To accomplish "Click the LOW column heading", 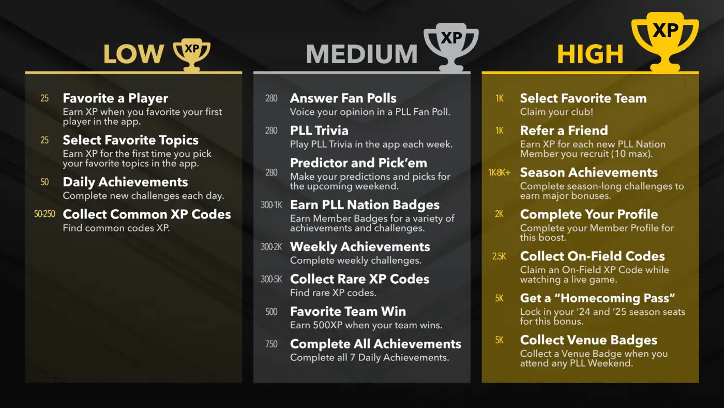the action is tap(133, 54).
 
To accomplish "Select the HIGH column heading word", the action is tap(590, 54).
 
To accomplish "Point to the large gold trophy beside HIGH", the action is tap(665, 41).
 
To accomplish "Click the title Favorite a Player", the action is tap(115, 98).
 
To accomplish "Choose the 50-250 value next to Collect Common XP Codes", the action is tap(44, 214).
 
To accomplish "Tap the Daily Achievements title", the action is tap(125, 182).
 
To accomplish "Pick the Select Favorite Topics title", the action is tap(130, 140).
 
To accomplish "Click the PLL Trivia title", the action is tap(319, 130).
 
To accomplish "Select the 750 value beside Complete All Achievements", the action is tap(271, 344).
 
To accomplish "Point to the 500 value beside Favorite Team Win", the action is tap(271, 312).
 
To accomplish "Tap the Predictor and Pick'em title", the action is tap(358, 163).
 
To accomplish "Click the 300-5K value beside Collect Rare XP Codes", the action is tap(271, 279).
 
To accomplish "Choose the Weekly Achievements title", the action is tap(360, 246).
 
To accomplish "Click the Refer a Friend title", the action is tap(564, 130).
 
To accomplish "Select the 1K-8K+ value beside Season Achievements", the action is tap(499, 172).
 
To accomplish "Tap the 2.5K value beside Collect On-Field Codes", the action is tap(499, 256).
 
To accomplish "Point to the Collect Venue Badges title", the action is tap(589, 340).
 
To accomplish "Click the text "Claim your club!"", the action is tap(556, 112).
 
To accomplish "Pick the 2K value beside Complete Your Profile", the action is tap(499, 214).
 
